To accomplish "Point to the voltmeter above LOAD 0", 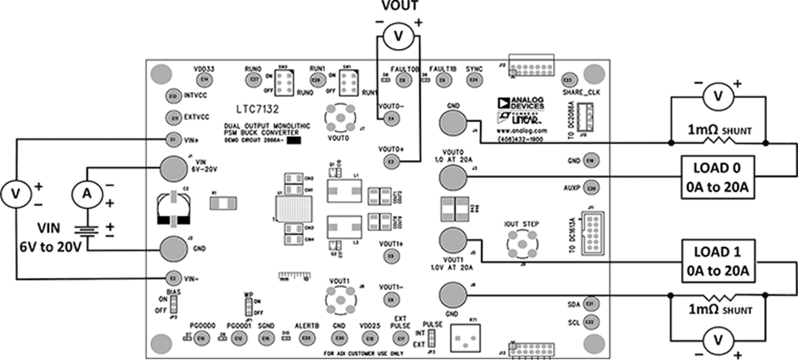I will coord(717,95).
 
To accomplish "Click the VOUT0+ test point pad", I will coord(391,162).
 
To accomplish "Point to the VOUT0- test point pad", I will coord(391,117).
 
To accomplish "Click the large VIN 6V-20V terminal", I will coord(172,169).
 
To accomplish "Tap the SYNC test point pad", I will coord(473,81).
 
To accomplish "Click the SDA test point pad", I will coord(591,304).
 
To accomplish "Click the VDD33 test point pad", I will coord(205,78).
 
